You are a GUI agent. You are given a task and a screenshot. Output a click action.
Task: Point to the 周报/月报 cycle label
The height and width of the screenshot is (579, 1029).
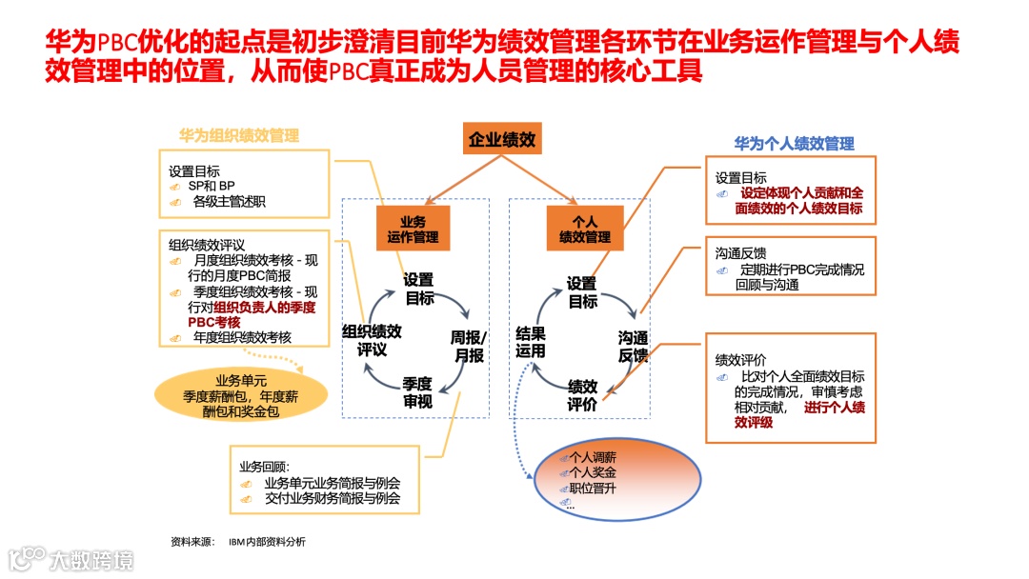468,347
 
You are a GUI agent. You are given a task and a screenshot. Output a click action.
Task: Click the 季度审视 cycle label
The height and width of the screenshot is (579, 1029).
417,392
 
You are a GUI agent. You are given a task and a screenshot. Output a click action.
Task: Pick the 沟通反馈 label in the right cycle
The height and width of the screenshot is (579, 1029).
633,347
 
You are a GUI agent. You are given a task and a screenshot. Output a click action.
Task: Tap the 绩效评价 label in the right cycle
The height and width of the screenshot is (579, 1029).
582,395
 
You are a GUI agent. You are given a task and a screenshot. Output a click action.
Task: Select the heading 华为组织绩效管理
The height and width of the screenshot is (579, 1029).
239,136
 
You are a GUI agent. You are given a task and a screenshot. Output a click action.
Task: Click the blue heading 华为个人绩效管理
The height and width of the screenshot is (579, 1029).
794,144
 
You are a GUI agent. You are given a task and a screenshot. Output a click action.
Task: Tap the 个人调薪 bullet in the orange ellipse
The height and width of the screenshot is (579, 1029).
593,458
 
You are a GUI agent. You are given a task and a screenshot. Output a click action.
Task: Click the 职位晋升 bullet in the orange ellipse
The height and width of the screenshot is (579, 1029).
593,489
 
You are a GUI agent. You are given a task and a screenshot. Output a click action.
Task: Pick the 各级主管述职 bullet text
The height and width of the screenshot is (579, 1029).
229,201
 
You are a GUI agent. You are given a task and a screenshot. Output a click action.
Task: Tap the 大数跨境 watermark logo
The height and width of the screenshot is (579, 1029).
71,558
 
